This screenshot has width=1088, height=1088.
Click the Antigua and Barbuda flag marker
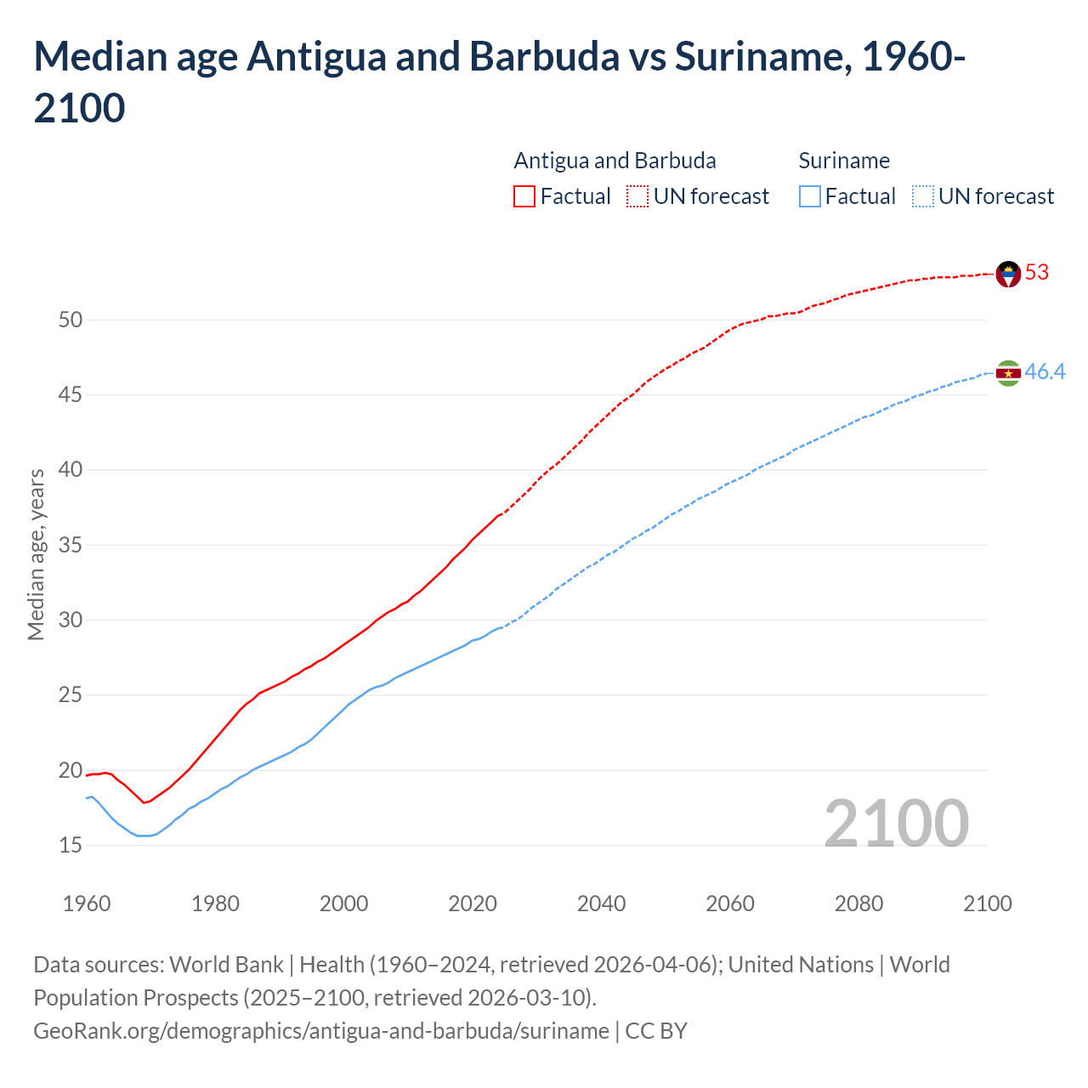(x=1008, y=274)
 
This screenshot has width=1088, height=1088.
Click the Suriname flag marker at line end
(x=1008, y=373)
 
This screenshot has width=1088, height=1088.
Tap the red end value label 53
(x=1037, y=273)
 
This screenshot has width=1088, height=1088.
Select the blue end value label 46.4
(x=1045, y=372)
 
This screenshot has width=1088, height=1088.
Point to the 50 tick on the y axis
(x=71, y=320)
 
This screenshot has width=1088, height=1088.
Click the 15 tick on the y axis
(x=71, y=846)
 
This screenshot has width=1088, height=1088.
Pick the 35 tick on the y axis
(x=71, y=546)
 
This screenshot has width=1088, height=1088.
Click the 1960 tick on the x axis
(x=87, y=904)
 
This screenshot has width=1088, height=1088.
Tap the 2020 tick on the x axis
(x=473, y=904)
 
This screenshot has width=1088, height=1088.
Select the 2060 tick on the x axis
(x=730, y=904)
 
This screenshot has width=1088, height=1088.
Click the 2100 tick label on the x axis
(x=987, y=904)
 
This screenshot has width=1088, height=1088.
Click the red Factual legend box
(x=524, y=197)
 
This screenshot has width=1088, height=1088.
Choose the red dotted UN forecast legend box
(x=637, y=197)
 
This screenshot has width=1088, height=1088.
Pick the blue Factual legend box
(x=810, y=197)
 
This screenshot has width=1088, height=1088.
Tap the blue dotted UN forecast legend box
(x=922, y=197)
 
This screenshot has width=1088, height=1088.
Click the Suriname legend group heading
(x=844, y=161)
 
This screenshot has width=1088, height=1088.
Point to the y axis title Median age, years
(x=36, y=554)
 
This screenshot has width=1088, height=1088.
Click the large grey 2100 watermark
(x=896, y=824)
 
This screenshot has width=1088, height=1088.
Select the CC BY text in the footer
(x=656, y=1031)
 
